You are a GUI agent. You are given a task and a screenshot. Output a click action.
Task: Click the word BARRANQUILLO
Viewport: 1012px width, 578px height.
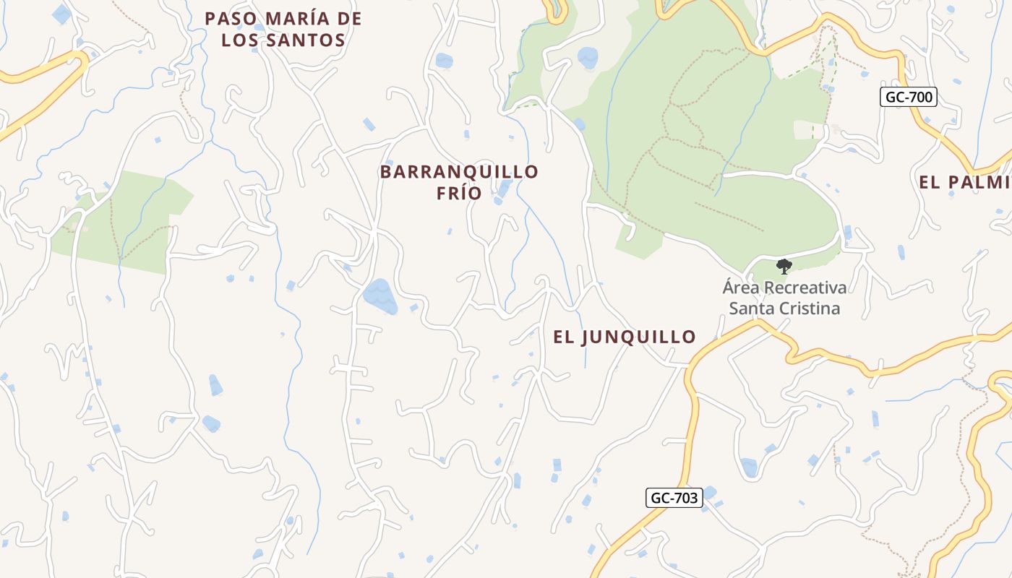459,172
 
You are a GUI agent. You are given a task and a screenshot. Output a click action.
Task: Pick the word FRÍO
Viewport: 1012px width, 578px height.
459,193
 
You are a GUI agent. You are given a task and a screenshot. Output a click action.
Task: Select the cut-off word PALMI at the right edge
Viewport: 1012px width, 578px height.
969,182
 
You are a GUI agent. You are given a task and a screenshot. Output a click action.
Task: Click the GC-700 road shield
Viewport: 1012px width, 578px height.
909,97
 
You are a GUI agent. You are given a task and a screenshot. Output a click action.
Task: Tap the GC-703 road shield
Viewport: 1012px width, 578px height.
674,497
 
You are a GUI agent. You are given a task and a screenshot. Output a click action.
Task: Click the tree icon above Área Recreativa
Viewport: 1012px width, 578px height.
784,267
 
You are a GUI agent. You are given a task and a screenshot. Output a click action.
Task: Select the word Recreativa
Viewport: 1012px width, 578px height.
805,288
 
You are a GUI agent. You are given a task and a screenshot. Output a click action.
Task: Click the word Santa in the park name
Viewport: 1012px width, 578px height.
750,309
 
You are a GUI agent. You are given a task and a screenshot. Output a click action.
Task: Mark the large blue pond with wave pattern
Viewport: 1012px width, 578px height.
380,296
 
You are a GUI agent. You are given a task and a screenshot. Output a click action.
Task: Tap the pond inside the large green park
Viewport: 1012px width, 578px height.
588,58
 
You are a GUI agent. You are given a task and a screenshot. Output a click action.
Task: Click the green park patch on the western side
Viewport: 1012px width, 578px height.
123,220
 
